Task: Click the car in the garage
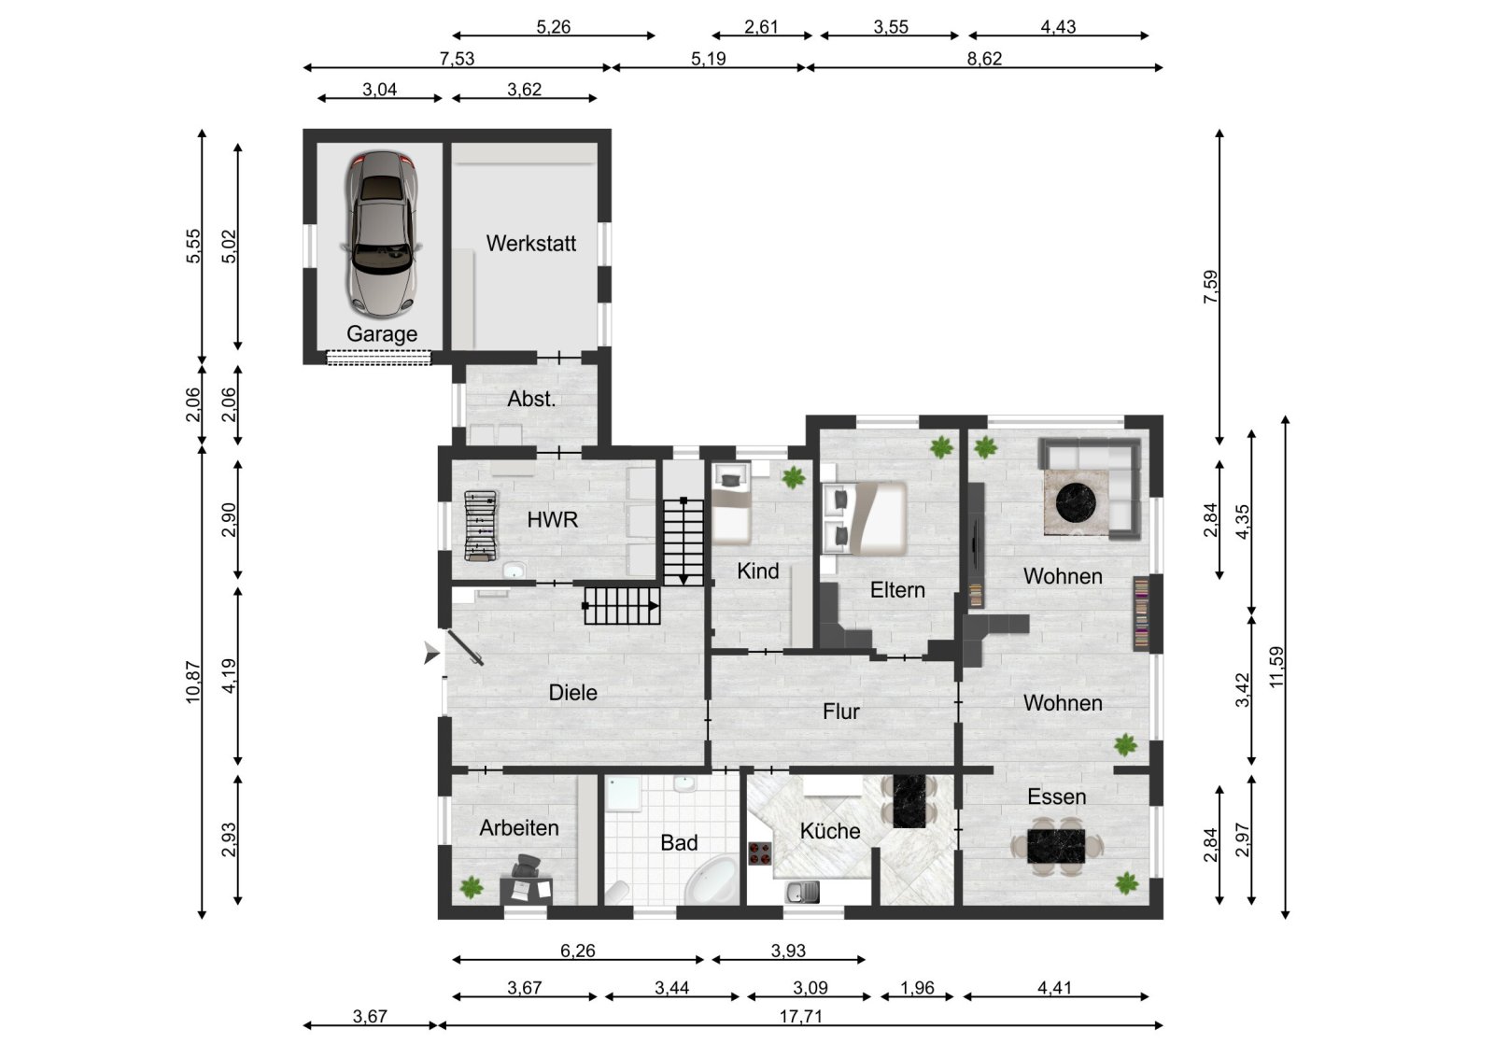point(380,233)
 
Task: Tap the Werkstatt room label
point(530,244)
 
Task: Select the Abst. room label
point(531,400)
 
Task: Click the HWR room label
point(552,520)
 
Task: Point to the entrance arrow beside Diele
point(430,654)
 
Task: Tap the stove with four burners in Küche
point(760,853)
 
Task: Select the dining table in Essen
point(1057,845)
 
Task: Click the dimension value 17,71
point(800,1016)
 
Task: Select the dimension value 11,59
point(1276,667)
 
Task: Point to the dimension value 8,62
point(984,59)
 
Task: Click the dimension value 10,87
point(193,682)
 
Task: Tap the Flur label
point(840,712)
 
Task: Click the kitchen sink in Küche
point(802,894)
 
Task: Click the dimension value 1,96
point(918,988)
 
